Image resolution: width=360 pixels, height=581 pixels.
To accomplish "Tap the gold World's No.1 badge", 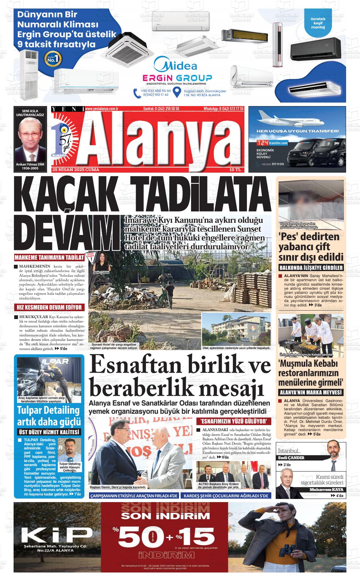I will (53, 58).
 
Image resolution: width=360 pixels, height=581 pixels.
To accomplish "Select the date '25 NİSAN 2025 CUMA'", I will (76, 170).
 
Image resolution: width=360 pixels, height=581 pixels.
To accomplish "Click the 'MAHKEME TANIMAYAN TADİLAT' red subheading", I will (50, 257).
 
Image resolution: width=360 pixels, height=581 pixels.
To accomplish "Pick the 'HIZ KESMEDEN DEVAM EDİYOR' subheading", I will (49, 307).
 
